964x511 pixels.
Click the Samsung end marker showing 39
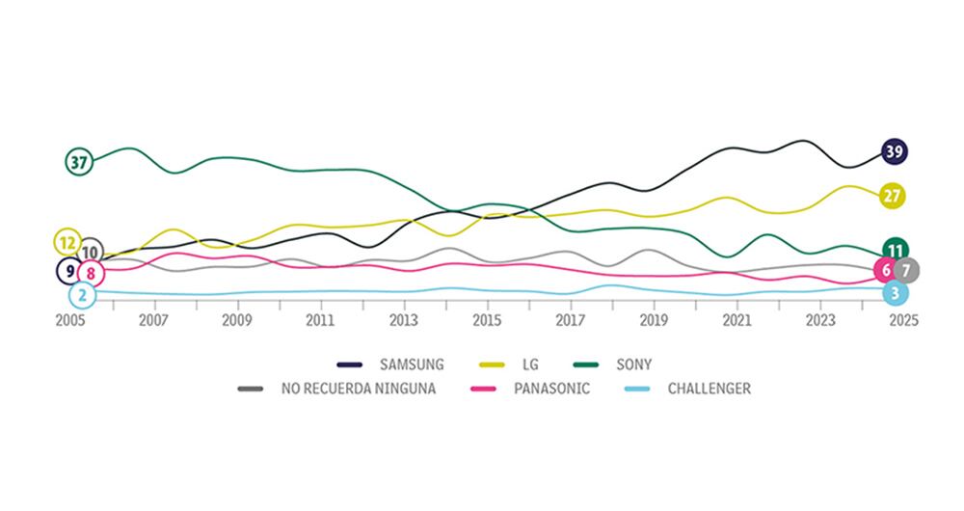tap(894, 151)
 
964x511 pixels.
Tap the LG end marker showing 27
tap(893, 196)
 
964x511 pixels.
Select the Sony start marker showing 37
tap(79, 162)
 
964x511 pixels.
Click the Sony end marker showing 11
tap(897, 251)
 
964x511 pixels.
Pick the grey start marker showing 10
tap(90, 253)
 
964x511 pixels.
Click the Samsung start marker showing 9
tap(70, 271)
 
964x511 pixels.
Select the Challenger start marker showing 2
tap(83, 295)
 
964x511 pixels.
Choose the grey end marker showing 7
tap(905, 270)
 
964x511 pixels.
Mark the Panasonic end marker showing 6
tap(886, 270)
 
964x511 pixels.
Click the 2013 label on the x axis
tap(404, 320)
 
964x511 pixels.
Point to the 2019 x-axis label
tap(654, 320)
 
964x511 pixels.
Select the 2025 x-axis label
tap(903, 320)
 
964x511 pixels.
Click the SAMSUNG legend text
tap(412, 364)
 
